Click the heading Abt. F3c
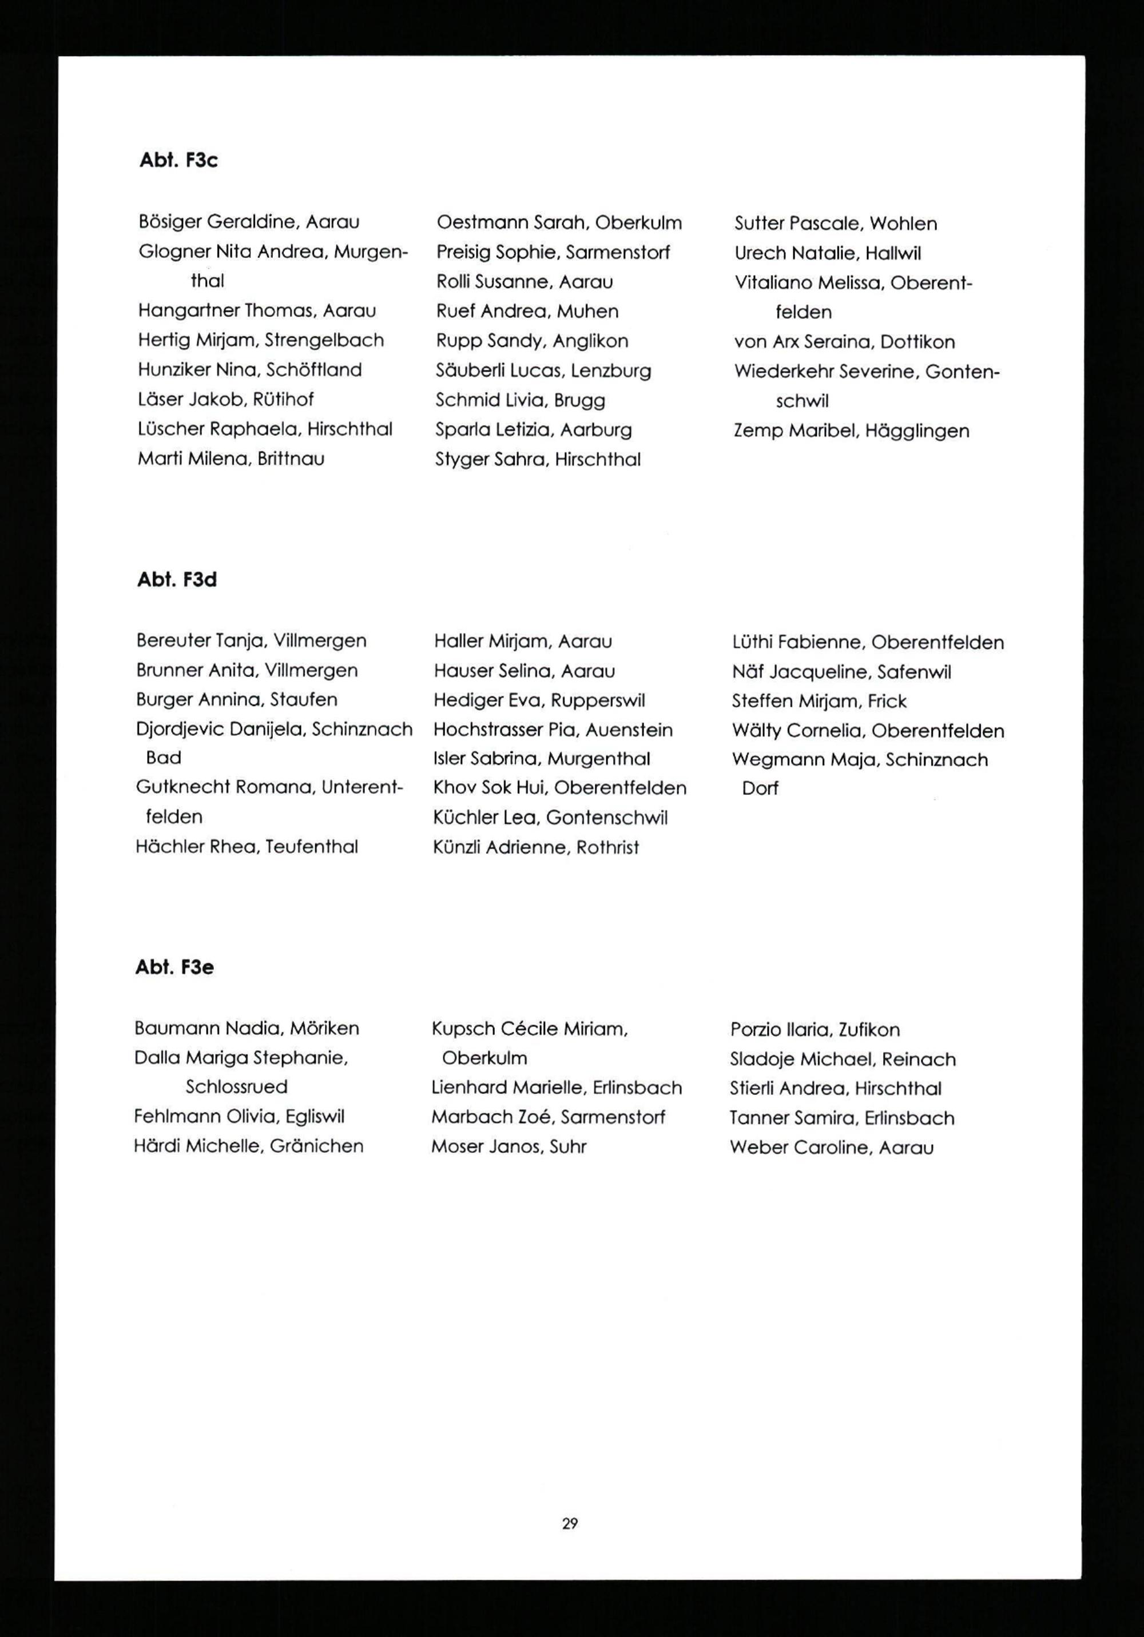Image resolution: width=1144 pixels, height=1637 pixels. pyautogui.click(x=178, y=161)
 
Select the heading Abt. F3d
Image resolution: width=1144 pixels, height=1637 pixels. pyautogui.click(x=176, y=580)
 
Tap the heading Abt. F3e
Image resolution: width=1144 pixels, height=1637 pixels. pyautogui.click(x=174, y=967)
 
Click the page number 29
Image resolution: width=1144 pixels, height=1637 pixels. pyautogui.click(x=570, y=1524)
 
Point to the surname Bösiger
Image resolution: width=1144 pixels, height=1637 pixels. pyautogui.click(x=169, y=222)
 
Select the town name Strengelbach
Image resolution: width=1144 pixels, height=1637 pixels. pyautogui.click(x=324, y=340)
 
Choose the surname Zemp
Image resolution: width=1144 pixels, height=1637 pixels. pyautogui.click(x=759, y=431)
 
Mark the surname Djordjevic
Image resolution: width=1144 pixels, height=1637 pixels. pyautogui.click(x=179, y=730)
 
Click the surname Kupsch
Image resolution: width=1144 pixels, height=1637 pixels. pyautogui.click(x=463, y=1029)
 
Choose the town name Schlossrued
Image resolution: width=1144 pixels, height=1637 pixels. pyautogui.click(x=237, y=1088)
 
